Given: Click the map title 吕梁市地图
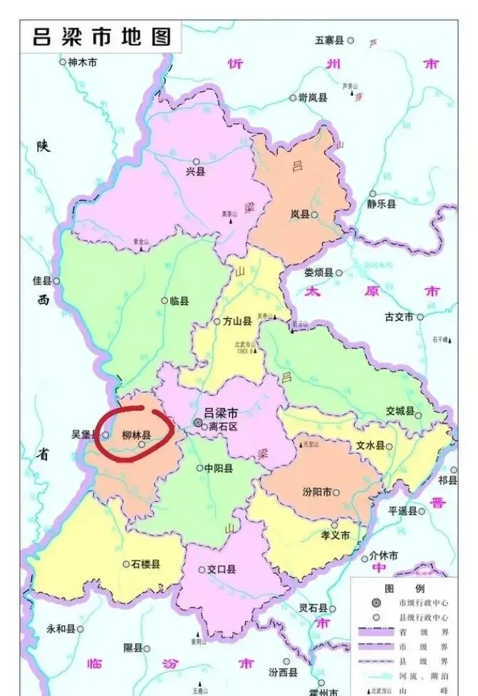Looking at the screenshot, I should click(103, 36).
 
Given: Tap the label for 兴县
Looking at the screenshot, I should click(194, 171).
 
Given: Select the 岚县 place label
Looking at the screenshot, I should click(299, 214).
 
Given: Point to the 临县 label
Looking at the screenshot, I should click(180, 301).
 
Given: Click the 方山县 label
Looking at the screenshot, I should click(238, 322).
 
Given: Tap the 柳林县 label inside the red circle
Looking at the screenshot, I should click(136, 434).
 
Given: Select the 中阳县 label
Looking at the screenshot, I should click(219, 469).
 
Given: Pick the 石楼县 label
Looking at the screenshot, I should click(146, 563).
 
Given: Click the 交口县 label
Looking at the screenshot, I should click(222, 569).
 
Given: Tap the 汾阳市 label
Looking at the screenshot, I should click(317, 492).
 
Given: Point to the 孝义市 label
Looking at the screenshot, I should click(335, 535).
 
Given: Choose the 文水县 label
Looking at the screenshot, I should click(370, 446).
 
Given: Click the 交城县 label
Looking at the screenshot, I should click(400, 411).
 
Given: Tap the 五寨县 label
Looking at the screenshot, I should click(329, 40).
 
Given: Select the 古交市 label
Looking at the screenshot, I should click(399, 317).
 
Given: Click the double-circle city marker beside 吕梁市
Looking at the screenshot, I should click(198, 423).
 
